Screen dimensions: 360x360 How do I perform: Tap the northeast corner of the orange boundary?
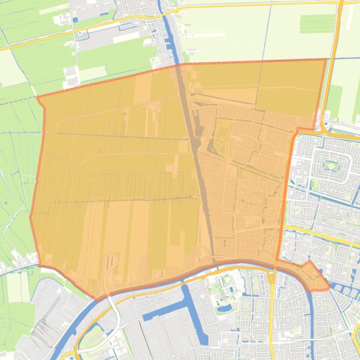click(326, 59)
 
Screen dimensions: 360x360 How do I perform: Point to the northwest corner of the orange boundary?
click(37, 97)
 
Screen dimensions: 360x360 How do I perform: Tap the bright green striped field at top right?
click(317, 23)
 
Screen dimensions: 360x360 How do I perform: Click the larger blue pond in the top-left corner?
click(75, 20)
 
